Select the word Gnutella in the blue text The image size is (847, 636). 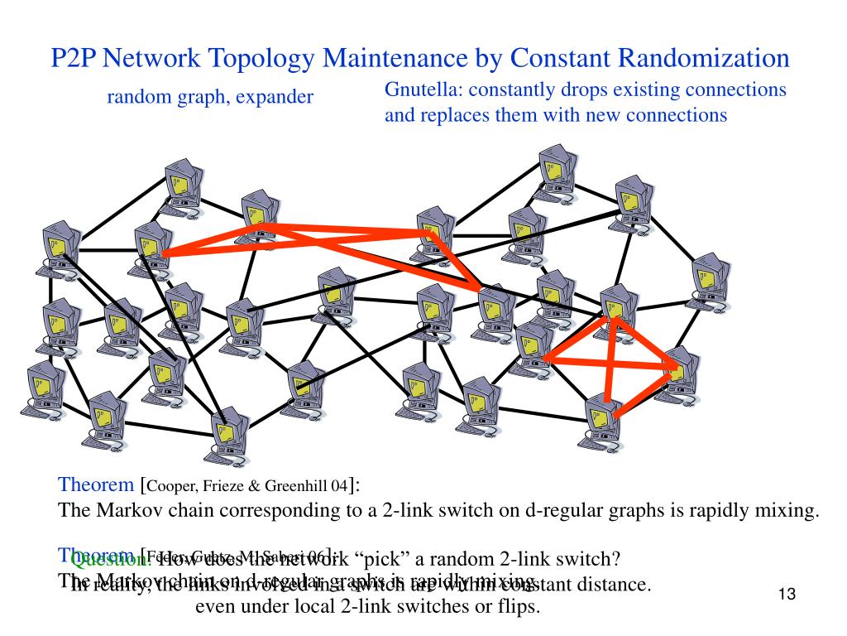pos(419,89)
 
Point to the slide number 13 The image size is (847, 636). pos(786,595)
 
